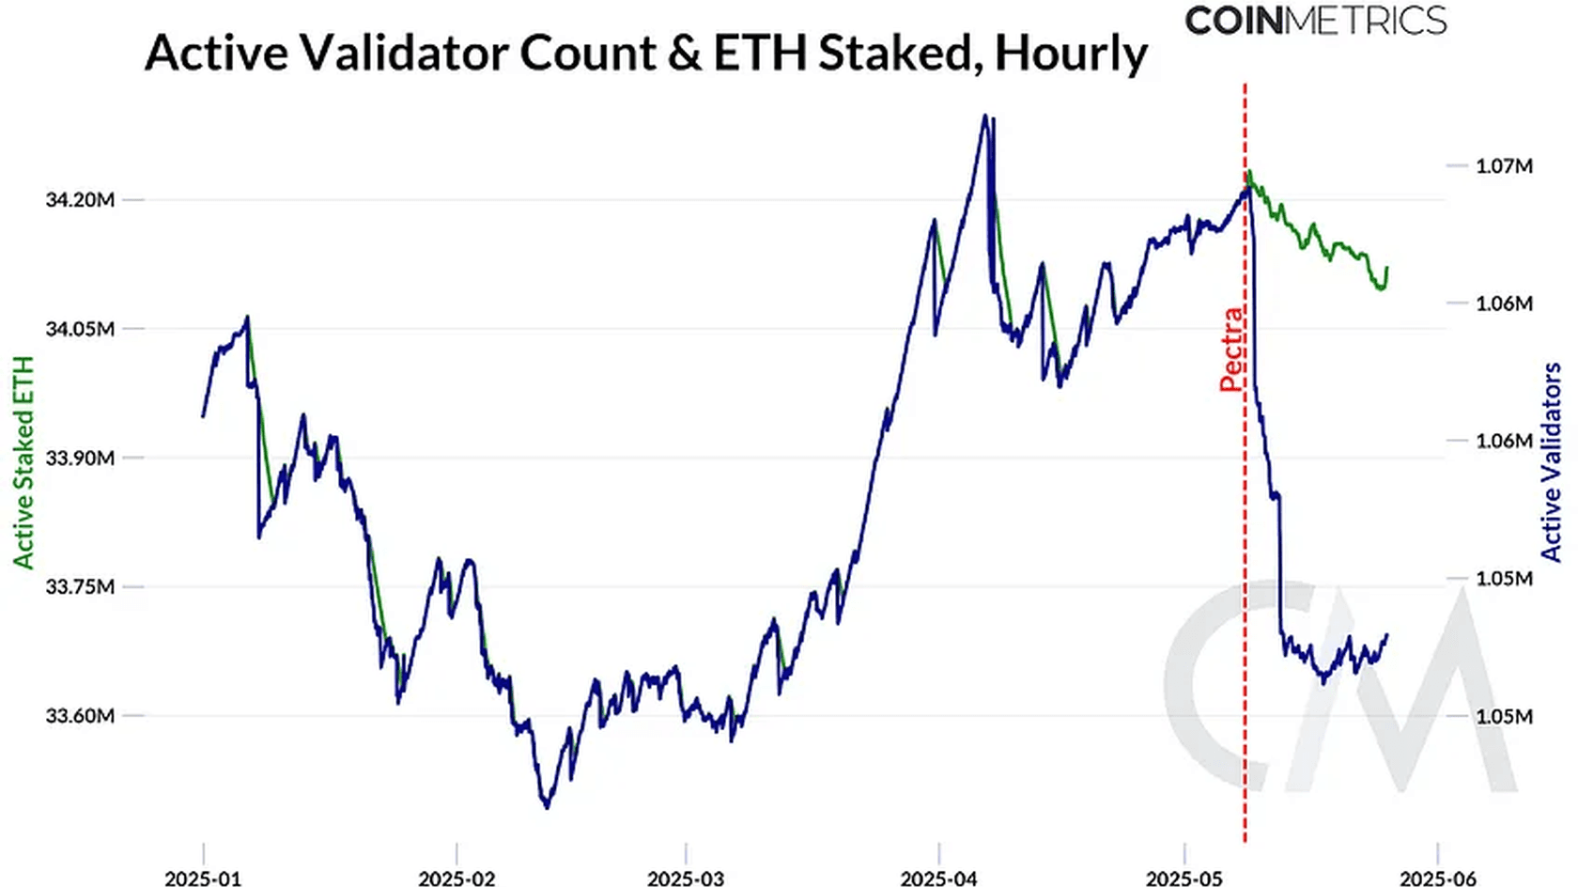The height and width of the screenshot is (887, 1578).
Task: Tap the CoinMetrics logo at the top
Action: [1315, 21]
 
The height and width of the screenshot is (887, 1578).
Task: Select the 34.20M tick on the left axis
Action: [80, 200]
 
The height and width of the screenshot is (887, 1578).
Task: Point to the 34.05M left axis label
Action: [80, 329]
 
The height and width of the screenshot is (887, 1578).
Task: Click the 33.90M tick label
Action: [80, 458]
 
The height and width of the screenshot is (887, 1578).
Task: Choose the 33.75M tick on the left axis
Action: [80, 586]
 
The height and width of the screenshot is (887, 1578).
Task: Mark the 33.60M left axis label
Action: [80, 715]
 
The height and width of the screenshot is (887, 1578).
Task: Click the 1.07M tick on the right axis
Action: [1504, 166]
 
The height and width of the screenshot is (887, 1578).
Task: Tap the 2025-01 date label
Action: [203, 879]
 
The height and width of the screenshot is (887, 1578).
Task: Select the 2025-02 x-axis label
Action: [456, 879]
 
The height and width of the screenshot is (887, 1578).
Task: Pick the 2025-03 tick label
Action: [686, 879]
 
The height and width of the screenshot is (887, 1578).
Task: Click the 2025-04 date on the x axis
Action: [939, 879]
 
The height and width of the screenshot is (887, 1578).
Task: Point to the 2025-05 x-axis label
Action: [1184, 879]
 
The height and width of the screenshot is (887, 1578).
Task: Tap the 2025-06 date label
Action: [1438, 879]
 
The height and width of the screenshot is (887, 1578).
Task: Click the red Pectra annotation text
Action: [1231, 349]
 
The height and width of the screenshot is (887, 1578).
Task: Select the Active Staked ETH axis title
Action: [23, 462]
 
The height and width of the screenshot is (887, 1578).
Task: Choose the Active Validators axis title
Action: [1551, 462]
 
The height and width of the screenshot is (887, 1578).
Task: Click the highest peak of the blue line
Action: [984, 116]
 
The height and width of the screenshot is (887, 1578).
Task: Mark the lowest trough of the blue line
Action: [547, 806]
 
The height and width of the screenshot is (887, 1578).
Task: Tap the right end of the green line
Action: [1386, 268]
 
